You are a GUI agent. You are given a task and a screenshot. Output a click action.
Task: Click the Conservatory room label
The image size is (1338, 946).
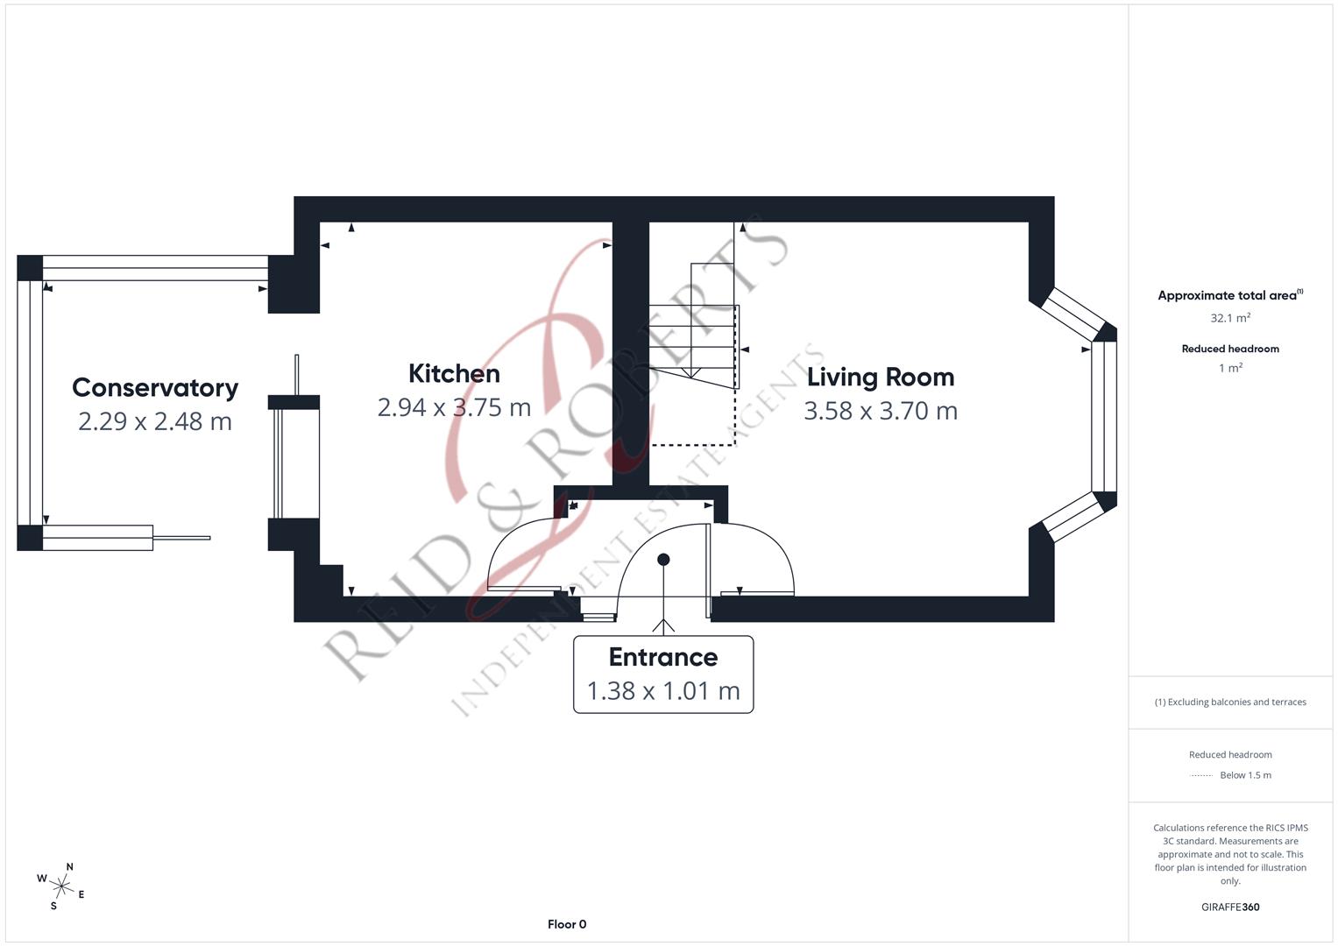coord(154,387)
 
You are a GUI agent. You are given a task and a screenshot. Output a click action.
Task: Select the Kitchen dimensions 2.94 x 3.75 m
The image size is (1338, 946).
coord(454,407)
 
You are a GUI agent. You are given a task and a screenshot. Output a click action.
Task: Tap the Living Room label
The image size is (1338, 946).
coord(880,377)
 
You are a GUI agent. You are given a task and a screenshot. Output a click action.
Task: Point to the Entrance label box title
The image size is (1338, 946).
coord(662,657)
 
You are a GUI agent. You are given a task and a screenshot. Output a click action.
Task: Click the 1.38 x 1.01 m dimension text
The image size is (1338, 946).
coord(662,691)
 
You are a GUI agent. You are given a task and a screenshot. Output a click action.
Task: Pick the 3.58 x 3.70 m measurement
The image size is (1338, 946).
coord(880,411)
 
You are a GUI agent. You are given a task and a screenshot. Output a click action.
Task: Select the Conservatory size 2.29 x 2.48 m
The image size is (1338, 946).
coord(154,421)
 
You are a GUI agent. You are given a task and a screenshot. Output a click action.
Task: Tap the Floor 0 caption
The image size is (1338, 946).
coord(566,924)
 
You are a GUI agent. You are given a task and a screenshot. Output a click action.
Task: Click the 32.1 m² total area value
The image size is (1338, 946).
coord(1229,318)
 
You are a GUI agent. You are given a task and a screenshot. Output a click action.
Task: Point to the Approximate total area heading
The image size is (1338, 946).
coord(1229,295)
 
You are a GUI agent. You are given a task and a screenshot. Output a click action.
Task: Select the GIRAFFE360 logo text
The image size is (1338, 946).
coord(1229,907)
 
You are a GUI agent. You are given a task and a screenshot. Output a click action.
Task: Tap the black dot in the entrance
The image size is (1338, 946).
coord(663,559)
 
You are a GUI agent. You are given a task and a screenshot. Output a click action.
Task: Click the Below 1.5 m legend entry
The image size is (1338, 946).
coord(1244,775)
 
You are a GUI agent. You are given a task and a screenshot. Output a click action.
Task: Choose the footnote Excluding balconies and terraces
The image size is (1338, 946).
coord(1229,702)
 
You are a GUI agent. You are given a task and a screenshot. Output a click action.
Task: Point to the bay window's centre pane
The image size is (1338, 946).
coord(1104,416)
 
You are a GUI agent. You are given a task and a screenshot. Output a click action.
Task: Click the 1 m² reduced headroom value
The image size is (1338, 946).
coord(1229,368)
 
